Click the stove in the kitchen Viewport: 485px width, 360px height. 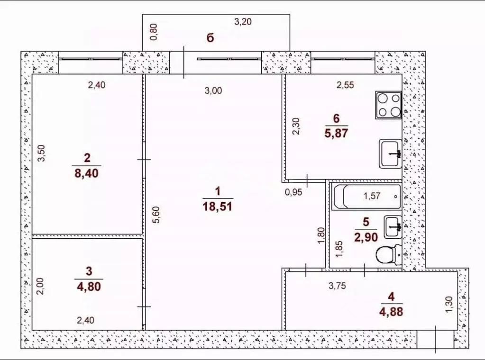click(x=388, y=105)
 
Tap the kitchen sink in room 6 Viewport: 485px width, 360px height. click(x=390, y=154)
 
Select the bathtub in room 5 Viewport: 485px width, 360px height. click(x=366, y=197)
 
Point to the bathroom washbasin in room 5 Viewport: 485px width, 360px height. click(x=393, y=227)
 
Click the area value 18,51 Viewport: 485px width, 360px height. click(x=218, y=206)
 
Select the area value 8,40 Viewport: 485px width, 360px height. click(x=87, y=173)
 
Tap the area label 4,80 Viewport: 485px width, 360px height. click(x=89, y=287)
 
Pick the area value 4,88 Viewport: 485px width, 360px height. click(x=391, y=312)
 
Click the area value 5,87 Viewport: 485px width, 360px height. click(x=336, y=133)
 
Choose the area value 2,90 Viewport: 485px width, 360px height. click(x=366, y=237)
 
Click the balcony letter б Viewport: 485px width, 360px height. click(x=210, y=38)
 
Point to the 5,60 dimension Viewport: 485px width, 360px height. click(x=157, y=215)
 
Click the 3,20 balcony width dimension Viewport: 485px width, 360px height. click(x=243, y=22)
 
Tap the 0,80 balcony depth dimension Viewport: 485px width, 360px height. click(x=154, y=32)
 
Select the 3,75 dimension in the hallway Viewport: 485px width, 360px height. click(x=337, y=286)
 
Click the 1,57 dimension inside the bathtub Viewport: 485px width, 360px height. click(x=372, y=196)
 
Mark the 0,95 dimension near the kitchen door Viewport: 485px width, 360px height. click(x=293, y=192)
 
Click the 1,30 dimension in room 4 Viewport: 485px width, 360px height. click(x=449, y=304)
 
